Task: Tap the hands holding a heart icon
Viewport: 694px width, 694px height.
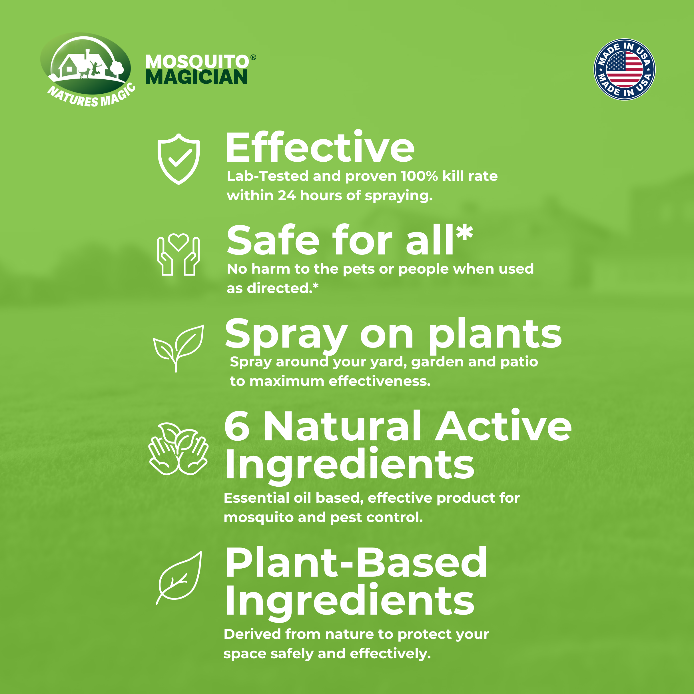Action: tap(178, 254)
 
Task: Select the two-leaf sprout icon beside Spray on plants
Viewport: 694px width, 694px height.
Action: tap(178, 347)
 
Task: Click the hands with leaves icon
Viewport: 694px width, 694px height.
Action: tap(178, 449)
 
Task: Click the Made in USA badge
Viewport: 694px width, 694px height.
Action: tap(624, 69)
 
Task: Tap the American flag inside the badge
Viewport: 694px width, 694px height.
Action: tap(624, 69)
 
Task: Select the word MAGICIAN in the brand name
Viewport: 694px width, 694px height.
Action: tap(196, 77)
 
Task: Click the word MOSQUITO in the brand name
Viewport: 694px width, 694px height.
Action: tap(197, 62)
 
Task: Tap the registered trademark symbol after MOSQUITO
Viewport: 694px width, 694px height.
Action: tap(253, 57)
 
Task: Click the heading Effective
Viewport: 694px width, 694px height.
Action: tap(319, 148)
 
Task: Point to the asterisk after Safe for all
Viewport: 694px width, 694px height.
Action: tap(464, 233)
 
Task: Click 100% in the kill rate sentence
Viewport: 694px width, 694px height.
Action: tap(419, 176)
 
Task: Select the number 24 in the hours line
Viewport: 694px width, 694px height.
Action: tap(287, 195)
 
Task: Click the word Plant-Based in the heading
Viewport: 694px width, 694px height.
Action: tap(356, 563)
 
